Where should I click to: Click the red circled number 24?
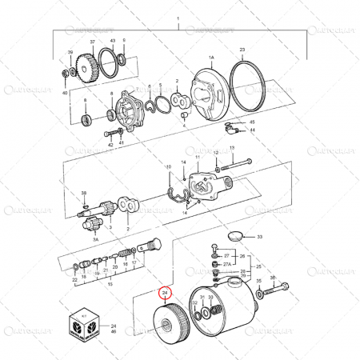click(x=166, y=294)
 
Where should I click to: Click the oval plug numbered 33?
click(x=236, y=237)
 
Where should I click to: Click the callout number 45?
click(x=252, y=122)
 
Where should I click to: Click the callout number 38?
click(x=83, y=193)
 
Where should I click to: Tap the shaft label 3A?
click(x=95, y=239)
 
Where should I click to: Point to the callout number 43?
click(x=112, y=40)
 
